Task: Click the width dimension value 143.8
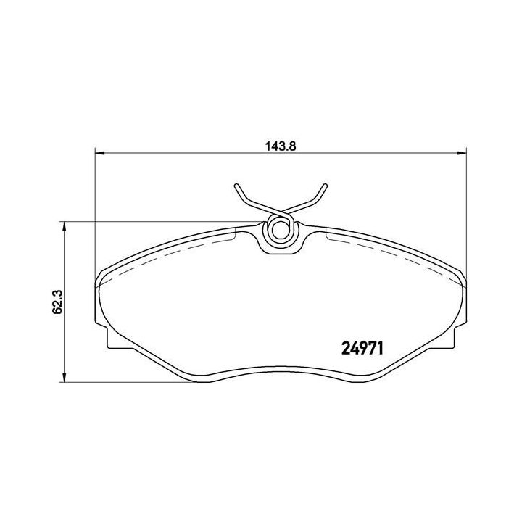[280, 144]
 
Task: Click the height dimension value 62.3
[57, 301]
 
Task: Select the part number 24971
[363, 347]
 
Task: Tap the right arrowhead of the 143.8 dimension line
[460, 152]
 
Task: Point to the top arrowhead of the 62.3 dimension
[66, 225]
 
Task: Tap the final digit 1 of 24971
[381, 347]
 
